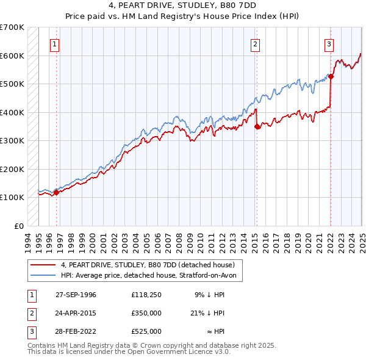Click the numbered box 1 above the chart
coord(55,43)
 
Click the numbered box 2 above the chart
coord(254,43)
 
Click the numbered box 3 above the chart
coord(329,43)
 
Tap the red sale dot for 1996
coord(56,192)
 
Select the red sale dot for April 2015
coord(256,126)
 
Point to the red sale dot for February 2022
coord(330,76)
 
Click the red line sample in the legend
coord(43,265)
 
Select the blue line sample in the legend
coord(43,276)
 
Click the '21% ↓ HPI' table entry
coord(209,314)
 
